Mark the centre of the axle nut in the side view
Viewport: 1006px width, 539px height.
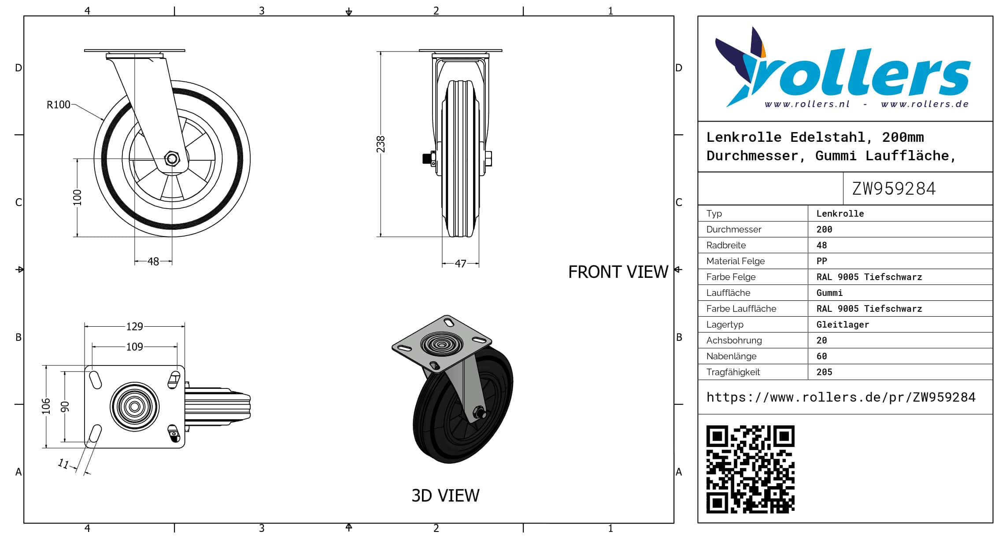[172, 159]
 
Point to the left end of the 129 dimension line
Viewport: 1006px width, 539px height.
[85, 326]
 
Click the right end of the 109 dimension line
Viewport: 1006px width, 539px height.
[178, 347]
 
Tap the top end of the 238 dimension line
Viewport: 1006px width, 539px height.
[381, 52]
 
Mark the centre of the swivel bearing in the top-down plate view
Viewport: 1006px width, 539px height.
[134, 406]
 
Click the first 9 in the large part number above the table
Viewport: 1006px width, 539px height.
[878, 188]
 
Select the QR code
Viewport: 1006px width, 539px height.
[750, 469]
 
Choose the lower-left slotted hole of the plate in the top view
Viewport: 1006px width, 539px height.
[95, 433]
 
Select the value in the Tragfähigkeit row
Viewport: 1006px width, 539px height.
[824, 372]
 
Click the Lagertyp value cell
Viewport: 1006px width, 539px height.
[843, 325]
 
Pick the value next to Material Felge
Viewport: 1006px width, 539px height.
[821, 261]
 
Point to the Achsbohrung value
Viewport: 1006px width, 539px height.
[821, 340]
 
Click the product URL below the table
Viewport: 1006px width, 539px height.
[841, 397]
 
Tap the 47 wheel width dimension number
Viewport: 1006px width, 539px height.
[460, 263]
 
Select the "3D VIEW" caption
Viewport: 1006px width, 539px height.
[445, 496]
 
